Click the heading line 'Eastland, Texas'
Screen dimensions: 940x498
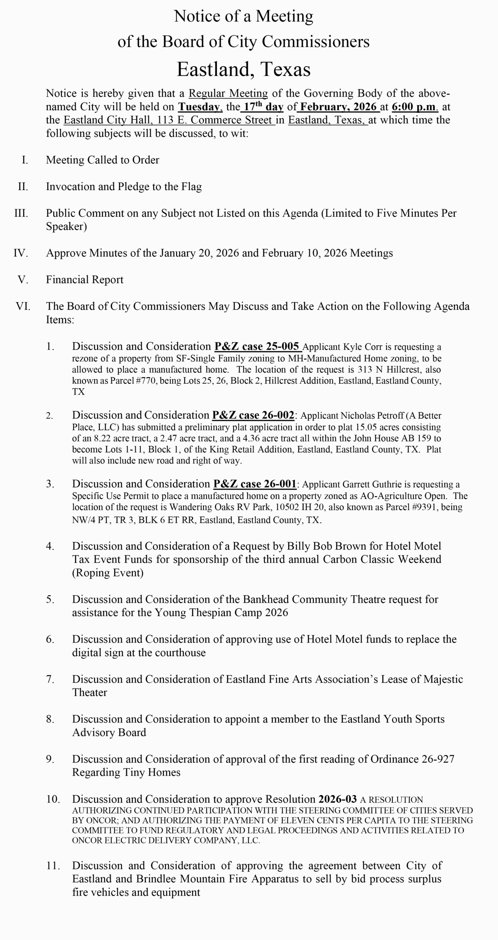point(243,69)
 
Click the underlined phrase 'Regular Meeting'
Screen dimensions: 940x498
point(228,93)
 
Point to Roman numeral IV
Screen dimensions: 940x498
point(21,253)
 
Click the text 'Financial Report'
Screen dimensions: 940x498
point(85,280)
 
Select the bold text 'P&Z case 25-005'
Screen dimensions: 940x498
point(257,346)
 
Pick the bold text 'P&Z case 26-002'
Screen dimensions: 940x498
point(253,415)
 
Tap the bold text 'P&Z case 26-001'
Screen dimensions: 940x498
point(255,484)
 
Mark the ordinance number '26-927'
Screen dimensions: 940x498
point(438,759)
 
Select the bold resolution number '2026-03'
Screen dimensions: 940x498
point(337,799)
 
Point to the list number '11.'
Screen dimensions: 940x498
point(53,866)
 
